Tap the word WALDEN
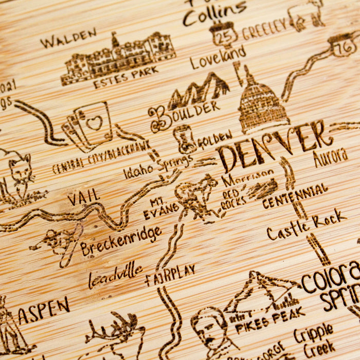[x=68, y=38]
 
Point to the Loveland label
[x=218, y=58]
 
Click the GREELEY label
[x=264, y=29]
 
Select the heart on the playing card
[x=94, y=123]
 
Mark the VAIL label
[x=83, y=197]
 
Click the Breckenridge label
[x=120, y=241]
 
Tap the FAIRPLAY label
[x=170, y=275]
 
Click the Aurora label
[x=330, y=157]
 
